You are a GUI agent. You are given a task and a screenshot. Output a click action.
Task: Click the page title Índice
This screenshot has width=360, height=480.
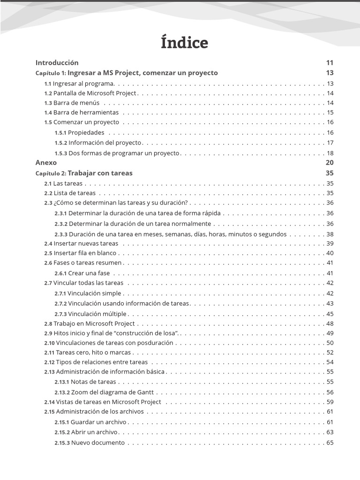(184, 43)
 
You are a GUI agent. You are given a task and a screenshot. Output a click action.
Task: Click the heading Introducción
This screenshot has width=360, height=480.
(57, 62)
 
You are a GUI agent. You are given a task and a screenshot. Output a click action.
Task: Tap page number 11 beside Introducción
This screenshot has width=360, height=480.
(330, 62)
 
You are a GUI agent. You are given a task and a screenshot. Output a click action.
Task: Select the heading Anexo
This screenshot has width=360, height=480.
(46, 163)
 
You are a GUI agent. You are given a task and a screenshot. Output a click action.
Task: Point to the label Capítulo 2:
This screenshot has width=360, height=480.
(51, 173)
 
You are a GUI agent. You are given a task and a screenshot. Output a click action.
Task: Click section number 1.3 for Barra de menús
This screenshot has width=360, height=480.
(48, 103)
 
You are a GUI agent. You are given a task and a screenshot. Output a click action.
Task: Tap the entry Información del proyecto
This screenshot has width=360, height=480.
(105, 143)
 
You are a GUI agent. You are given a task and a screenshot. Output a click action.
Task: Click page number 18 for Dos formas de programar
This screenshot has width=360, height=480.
(330, 153)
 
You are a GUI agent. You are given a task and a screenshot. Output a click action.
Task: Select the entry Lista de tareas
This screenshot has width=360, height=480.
(75, 193)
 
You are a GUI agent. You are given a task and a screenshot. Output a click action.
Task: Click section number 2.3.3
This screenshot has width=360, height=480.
(60, 234)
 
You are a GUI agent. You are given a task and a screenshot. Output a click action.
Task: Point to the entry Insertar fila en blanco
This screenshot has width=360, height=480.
(85, 253)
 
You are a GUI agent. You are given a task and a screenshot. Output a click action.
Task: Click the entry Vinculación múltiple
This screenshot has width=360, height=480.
(97, 314)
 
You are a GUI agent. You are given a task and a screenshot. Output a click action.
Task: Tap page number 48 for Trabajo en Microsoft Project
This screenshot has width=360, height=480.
(330, 324)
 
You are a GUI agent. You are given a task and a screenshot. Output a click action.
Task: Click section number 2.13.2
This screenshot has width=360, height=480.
(62, 392)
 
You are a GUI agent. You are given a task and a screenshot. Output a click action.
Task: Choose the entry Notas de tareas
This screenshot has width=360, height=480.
(93, 382)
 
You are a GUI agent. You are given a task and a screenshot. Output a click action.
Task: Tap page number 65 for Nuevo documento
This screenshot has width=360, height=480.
(330, 443)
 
